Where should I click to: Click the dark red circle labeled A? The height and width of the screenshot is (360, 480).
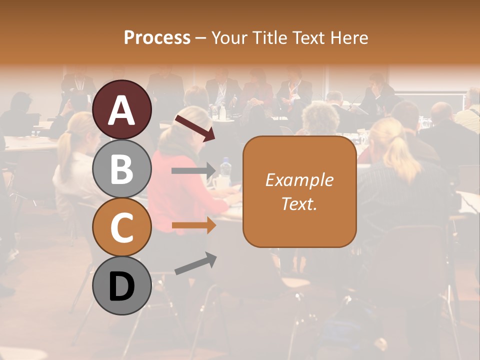(121, 109)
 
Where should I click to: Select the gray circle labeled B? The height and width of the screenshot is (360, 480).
(121, 168)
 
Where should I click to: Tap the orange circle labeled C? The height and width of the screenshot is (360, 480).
(121, 227)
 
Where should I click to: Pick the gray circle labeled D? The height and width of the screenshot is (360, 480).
(121, 285)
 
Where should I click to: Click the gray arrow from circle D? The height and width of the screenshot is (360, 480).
(195, 263)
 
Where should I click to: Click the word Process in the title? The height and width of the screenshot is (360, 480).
(157, 37)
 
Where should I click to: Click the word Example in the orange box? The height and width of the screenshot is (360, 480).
(299, 180)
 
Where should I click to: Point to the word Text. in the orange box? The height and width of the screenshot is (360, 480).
(299, 203)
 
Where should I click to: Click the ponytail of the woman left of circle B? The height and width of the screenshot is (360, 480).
(64, 150)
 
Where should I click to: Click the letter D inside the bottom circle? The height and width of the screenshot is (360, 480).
(121, 286)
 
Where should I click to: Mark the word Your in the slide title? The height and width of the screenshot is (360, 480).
(228, 37)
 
